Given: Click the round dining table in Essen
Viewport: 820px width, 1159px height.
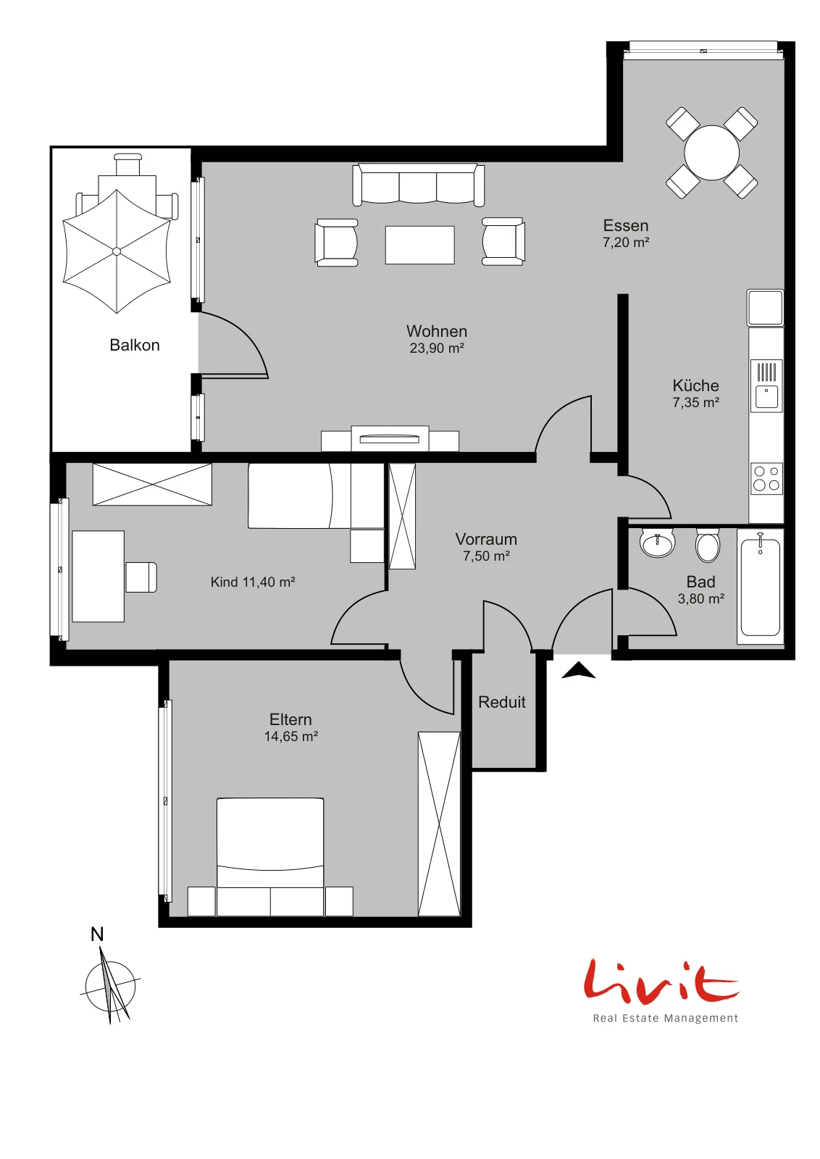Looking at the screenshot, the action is (x=711, y=153).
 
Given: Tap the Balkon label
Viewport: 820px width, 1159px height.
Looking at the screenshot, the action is (x=135, y=345).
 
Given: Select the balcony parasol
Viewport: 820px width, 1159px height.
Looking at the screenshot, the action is (x=117, y=251).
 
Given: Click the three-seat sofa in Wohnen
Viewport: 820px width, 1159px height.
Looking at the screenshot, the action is (x=419, y=185).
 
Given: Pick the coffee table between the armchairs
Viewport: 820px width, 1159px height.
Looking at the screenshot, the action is (x=419, y=245).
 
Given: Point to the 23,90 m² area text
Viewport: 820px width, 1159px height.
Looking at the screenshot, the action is (x=437, y=348).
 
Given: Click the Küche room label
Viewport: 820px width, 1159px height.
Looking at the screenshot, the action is (x=695, y=385).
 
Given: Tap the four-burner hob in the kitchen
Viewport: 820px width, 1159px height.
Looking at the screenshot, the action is (x=766, y=479).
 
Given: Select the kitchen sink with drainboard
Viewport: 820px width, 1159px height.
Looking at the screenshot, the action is (x=766, y=385).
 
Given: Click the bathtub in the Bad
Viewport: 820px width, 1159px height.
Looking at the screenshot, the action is (x=760, y=586).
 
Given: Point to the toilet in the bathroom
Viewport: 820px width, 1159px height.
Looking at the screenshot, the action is (x=708, y=545).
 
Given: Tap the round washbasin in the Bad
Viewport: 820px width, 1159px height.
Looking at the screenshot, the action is (x=657, y=543).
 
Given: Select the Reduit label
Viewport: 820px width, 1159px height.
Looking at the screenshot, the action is (x=502, y=702).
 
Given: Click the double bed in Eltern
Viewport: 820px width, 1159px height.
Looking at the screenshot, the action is (x=270, y=857).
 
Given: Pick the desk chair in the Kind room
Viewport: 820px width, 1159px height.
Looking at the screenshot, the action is (x=141, y=577).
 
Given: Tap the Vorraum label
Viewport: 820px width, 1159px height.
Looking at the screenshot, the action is (x=486, y=539).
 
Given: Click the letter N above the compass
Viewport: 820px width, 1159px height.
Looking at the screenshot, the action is (x=97, y=934).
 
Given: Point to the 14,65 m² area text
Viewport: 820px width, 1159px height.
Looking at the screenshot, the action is (x=290, y=736).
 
